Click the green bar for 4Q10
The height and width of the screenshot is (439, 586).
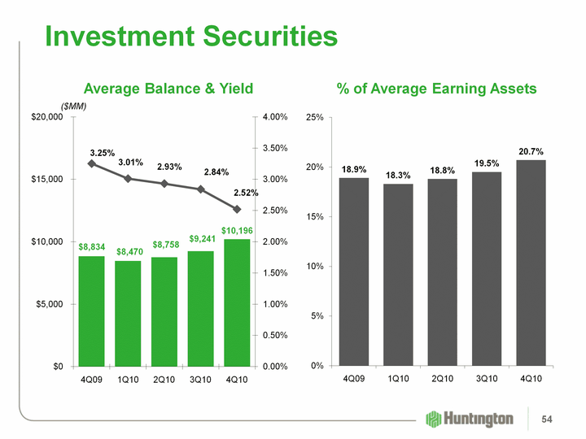[237, 302]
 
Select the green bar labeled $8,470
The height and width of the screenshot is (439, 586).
[129, 313]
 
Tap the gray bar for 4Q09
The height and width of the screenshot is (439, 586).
[354, 272]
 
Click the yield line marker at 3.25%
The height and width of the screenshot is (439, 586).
[92, 163]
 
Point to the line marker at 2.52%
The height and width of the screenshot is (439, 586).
[237, 209]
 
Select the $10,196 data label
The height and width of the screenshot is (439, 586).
[237, 232]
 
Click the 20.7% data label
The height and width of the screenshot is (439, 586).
[531, 151]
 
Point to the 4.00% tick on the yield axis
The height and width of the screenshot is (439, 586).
[273, 118]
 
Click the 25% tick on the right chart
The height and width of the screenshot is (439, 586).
[313, 118]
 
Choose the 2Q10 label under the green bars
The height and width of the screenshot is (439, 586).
[164, 380]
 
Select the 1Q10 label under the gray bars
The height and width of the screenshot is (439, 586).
[398, 380]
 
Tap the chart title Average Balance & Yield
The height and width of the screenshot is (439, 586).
[168, 88]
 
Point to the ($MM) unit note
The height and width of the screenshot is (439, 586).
[74, 106]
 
